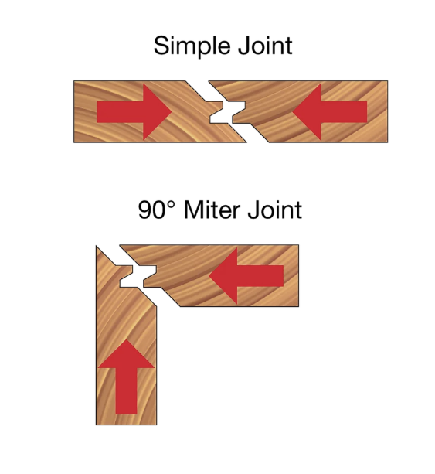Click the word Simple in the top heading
(x=192, y=46)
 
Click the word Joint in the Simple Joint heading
(x=265, y=46)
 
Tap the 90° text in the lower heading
(x=157, y=210)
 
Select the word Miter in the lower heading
(x=212, y=210)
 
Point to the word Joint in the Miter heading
(x=274, y=210)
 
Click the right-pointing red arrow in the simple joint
(x=134, y=112)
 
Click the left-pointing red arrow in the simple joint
(x=330, y=112)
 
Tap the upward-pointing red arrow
(x=126, y=377)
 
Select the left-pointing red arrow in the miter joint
(x=246, y=276)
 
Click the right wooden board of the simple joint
(x=314, y=111)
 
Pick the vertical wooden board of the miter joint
(x=126, y=348)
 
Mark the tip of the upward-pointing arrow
(x=126, y=339)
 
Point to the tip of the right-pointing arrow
(x=172, y=112)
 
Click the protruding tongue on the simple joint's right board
(x=239, y=112)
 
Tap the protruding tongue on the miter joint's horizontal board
(x=150, y=276)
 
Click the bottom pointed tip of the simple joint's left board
(x=246, y=142)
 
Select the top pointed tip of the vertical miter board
(x=97, y=246)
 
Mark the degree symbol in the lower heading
(x=171, y=204)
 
